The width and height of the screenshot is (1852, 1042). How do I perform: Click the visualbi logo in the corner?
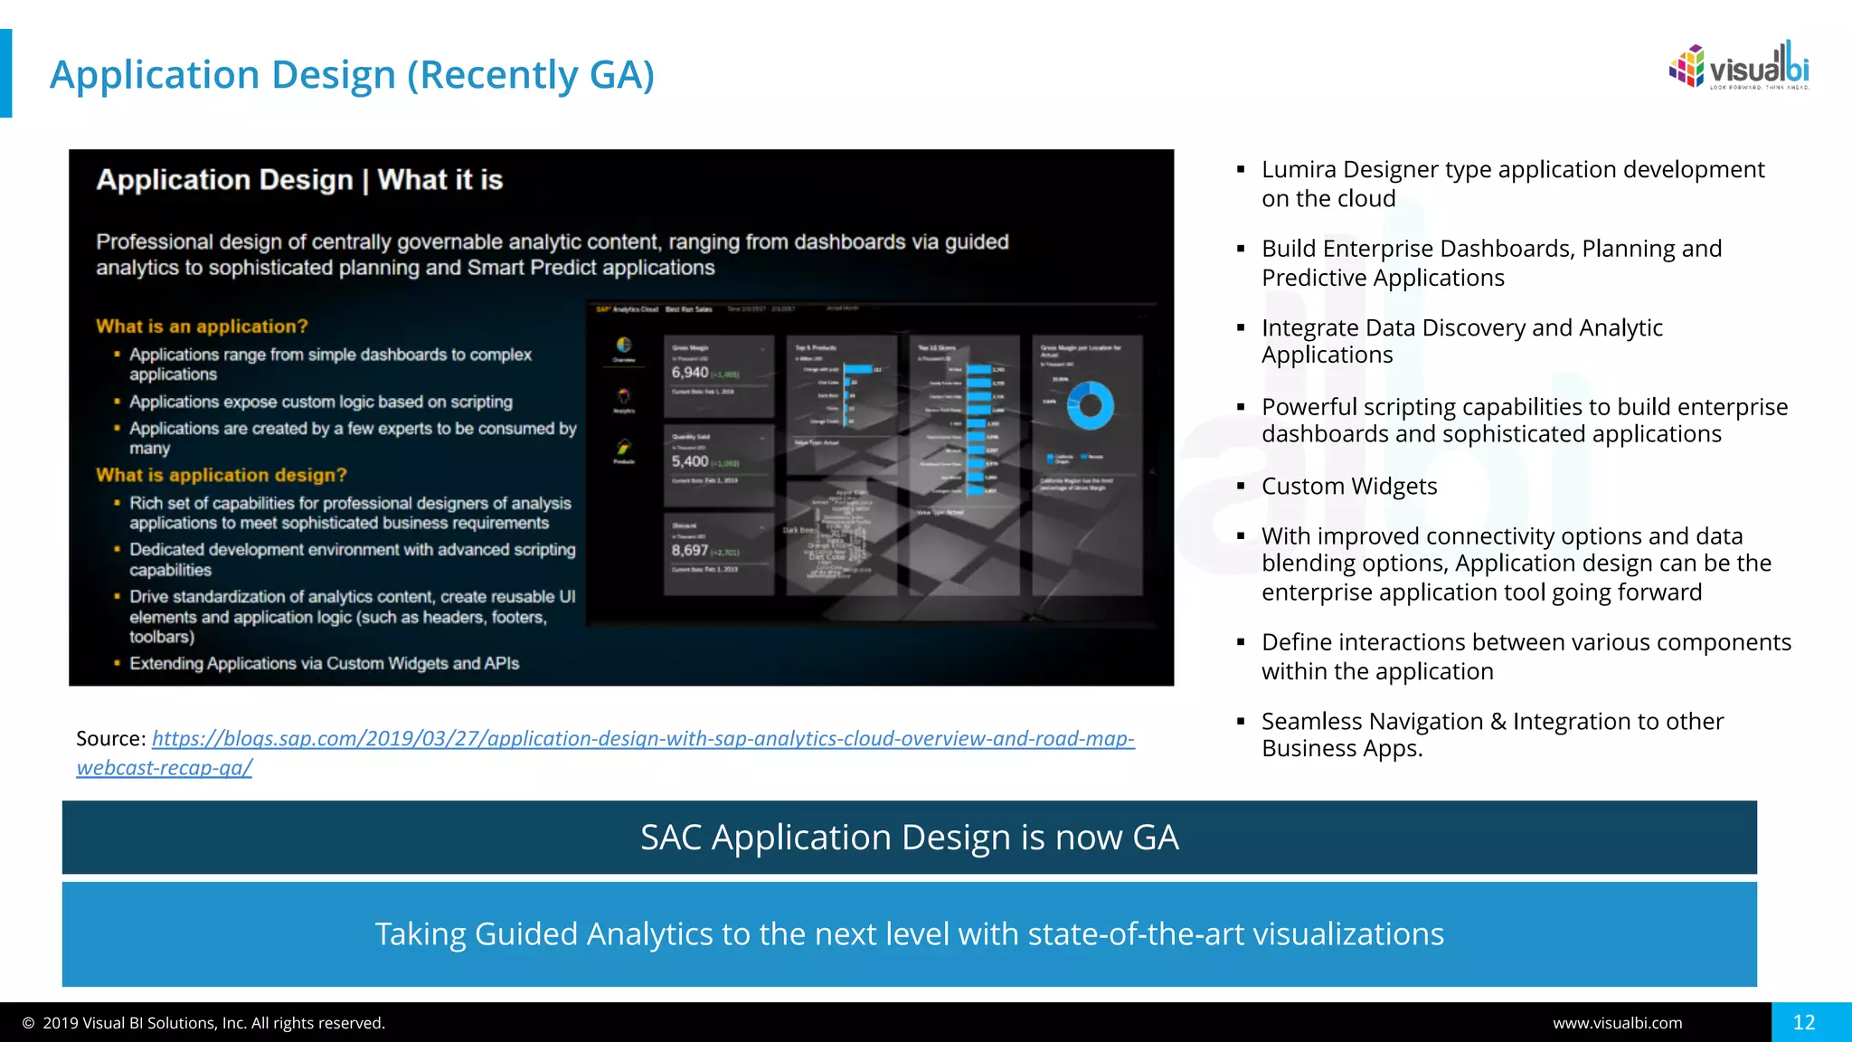[x=1738, y=67]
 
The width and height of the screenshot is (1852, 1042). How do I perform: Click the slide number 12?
[x=1803, y=1022]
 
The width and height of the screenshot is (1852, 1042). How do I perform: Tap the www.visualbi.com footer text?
[x=1617, y=1023]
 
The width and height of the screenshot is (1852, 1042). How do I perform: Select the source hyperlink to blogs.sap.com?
[x=642, y=739]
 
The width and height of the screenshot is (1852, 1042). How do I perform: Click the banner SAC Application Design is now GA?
[x=909, y=838]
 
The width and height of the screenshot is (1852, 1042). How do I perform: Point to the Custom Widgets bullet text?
[x=1348, y=487]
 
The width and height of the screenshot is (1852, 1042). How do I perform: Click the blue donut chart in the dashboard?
[x=1090, y=405]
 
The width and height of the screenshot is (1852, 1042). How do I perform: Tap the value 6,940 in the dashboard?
[x=690, y=373]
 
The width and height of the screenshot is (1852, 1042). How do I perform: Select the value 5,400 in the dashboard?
[x=690, y=461]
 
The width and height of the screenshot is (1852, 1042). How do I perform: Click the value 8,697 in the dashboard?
[x=690, y=550]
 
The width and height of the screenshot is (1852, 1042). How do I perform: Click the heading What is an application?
[x=202, y=327]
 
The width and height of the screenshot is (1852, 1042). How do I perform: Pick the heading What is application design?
[x=222, y=475]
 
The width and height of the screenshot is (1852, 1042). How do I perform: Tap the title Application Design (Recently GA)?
[x=352, y=75]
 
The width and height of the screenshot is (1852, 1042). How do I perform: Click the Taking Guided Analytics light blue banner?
[x=909, y=934]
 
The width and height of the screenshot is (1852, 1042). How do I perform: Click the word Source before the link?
[x=109, y=739]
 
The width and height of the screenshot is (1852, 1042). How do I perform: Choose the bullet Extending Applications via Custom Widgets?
[x=324, y=664]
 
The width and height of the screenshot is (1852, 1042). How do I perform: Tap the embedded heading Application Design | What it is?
[x=299, y=180]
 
